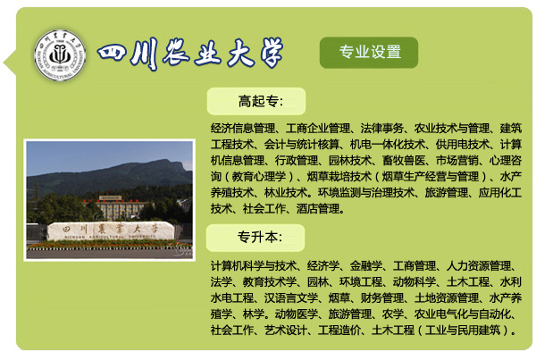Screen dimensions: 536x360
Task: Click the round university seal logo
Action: pos(60,55)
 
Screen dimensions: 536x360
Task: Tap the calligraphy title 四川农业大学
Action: pos(190,54)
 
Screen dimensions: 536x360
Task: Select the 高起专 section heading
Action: pos(261,101)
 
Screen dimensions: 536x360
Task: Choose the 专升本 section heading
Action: pos(260,238)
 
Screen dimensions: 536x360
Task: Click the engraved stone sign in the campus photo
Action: pos(111,230)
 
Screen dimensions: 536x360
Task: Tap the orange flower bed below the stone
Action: pos(109,244)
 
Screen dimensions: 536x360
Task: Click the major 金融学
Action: pos(365,265)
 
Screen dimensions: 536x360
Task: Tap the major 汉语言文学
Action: pos(291,297)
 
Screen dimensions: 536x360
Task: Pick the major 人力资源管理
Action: pos(479,265)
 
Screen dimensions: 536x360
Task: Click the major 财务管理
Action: pos(381,297)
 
